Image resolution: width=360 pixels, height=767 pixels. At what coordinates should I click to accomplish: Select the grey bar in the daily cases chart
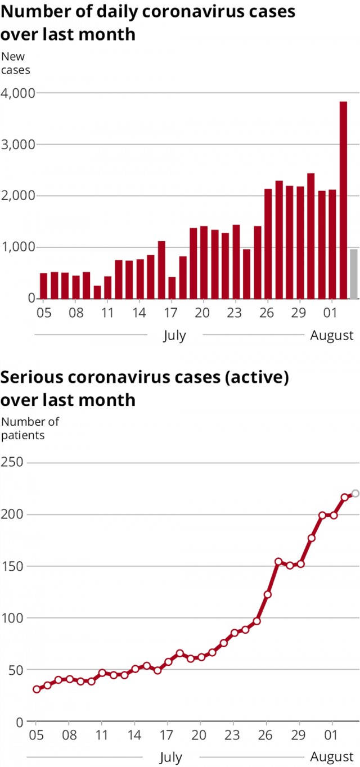click(353, 274)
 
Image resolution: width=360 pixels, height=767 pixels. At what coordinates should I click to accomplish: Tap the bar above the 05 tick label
click(43, 286)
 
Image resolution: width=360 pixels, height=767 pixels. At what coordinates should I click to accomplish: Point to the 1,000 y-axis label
click(19, 247)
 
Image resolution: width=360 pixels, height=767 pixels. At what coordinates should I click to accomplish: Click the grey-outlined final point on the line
click(355, 494)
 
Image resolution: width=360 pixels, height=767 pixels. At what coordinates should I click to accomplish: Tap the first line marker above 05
click(37, 689)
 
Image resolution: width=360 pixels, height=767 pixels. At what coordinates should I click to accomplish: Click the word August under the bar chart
click(332, 336)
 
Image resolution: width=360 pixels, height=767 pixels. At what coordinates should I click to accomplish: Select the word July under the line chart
click(170, 757)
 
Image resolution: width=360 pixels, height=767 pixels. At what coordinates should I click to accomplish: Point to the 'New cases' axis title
click(15, 64)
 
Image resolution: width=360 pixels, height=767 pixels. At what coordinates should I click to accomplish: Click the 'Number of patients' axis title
click(30, 428)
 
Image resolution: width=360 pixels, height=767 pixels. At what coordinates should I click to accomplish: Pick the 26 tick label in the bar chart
click(268, 313)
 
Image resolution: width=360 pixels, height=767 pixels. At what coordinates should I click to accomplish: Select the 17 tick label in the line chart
click(167, 736)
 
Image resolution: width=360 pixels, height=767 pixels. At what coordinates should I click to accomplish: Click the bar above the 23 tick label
click(236, 261)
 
